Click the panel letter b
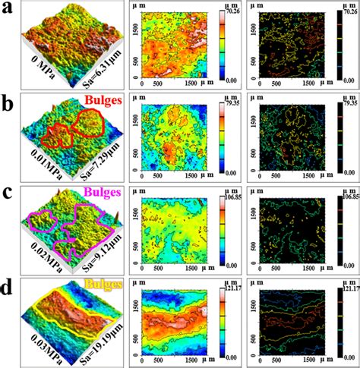coord(8,100)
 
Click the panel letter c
coord(8,191)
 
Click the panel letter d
coord(8,286)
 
